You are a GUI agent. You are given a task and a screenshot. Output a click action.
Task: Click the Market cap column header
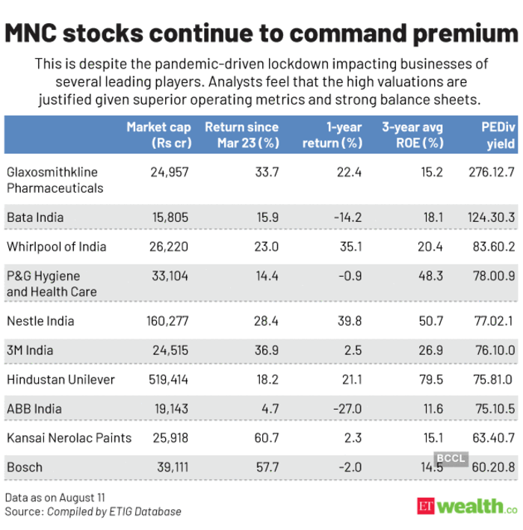click(158, 135)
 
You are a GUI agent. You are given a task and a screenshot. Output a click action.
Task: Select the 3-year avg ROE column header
click(412, 135)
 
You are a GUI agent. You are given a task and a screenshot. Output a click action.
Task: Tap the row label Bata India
click(35, 217)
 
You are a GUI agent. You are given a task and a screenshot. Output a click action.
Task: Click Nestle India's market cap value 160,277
click(167, 321)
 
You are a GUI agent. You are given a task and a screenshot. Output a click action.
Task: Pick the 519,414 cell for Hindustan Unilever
click(167, 379)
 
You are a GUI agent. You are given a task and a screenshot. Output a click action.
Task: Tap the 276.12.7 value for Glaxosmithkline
click(489, 172)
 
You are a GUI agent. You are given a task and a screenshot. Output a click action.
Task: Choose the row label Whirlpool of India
click(56, 247)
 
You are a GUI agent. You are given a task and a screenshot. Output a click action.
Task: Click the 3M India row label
click(30, 350)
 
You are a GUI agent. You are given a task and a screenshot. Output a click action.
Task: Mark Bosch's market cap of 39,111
click(172, 467)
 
